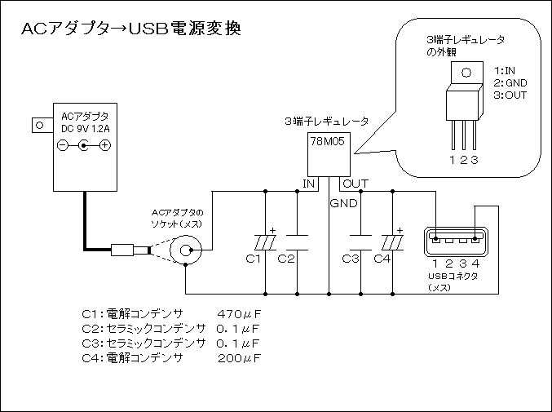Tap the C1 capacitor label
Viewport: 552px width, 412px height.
coord(253,259)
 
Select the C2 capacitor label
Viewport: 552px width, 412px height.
coord(285,259)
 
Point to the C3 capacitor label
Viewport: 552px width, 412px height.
coord(351,259)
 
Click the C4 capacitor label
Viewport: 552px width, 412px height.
coord(382,259)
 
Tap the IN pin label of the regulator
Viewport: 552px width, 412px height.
coord(308,184)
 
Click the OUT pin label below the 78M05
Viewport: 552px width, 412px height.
coord(355,184)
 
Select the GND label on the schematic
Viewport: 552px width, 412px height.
coord(343,203)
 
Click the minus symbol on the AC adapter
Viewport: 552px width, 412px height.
coord(62,145)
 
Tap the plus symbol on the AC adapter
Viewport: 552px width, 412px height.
coord(105,145)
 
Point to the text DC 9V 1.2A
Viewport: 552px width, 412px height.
coord(85,129)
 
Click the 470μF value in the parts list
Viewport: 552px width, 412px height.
coord(239,313)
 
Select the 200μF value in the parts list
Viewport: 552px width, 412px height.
coord(239,358)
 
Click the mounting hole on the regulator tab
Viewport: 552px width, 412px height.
coord(466,73)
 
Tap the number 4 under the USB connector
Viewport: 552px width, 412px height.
coord(475,263)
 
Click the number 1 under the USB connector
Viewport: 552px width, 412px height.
coord(435,263)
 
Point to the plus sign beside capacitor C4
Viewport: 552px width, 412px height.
coord(400,231)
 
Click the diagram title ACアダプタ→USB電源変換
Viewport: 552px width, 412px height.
coord(131,29)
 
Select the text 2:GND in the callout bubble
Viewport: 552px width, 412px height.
coord(510,82)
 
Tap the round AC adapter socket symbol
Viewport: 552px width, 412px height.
coord(186,250)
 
